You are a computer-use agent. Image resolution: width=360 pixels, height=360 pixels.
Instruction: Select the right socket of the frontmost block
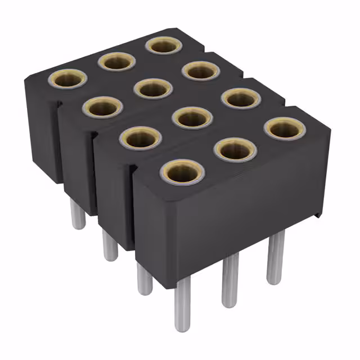point(285,129)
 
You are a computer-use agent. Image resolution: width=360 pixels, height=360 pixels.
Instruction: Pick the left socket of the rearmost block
point(67,79)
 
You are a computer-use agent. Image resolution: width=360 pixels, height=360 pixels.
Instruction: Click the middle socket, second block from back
point(153,88)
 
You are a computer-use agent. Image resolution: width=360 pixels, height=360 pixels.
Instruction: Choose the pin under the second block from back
point(110,247)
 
